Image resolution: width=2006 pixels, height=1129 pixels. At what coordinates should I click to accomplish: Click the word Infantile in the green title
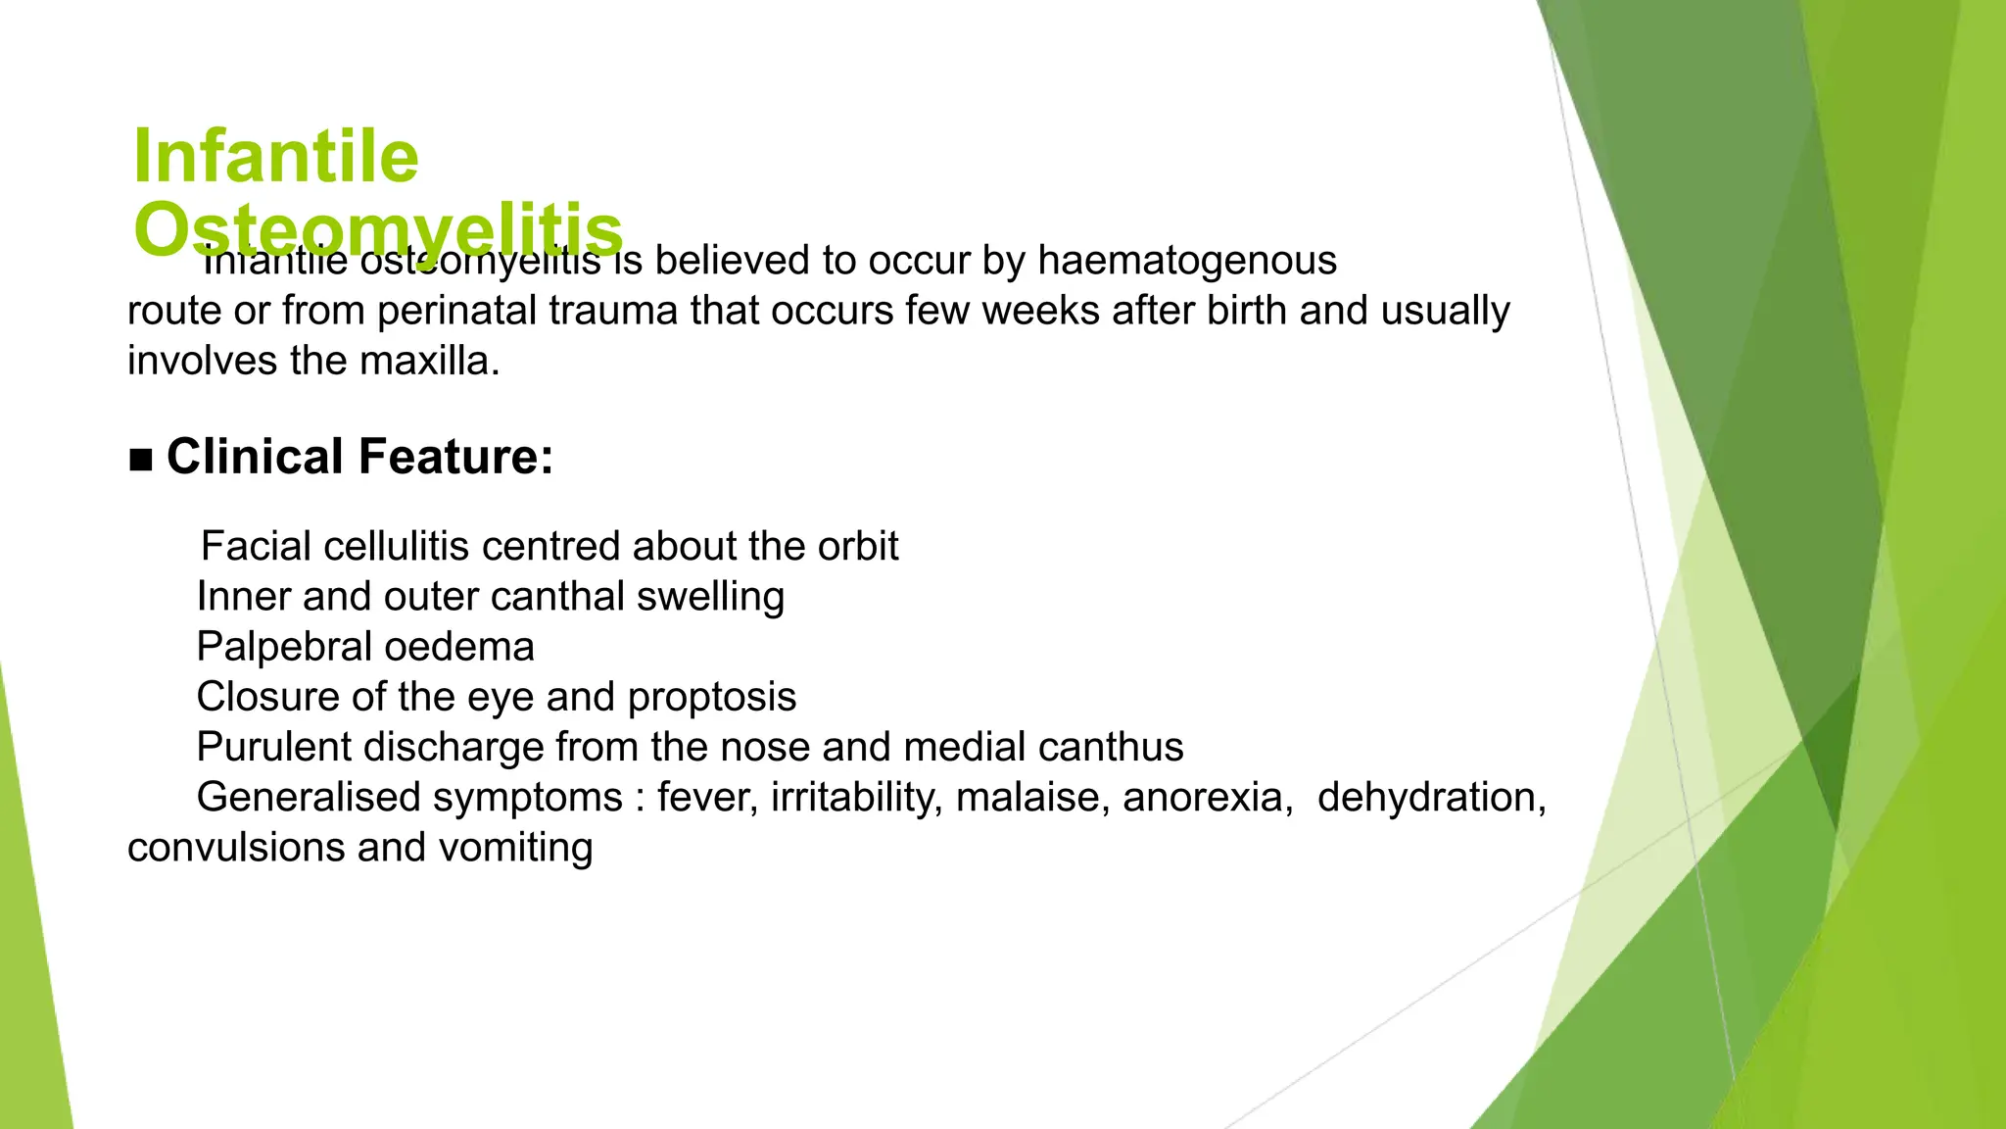(x=275, y=157)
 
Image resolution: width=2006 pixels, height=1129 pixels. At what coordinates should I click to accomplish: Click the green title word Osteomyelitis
(x=378, y=230)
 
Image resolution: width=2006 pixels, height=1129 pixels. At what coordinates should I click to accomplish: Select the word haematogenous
(x=1186, y=261)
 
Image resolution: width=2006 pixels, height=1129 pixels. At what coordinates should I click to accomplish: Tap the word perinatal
(x=456, y=311)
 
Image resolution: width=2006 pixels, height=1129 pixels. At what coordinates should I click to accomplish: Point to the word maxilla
(x=429, y=362)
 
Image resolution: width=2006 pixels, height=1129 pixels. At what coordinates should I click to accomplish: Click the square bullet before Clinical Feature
(x=141, y=460)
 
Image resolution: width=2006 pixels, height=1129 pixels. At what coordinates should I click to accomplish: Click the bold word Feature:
(x=455, y=457)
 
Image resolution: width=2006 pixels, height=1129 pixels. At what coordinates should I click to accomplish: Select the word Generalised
(x=309, y=798)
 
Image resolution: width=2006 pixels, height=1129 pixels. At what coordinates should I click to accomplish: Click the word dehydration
(x=1431, y=798)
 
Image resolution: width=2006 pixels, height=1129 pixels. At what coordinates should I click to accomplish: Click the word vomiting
(x=515, y=848)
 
